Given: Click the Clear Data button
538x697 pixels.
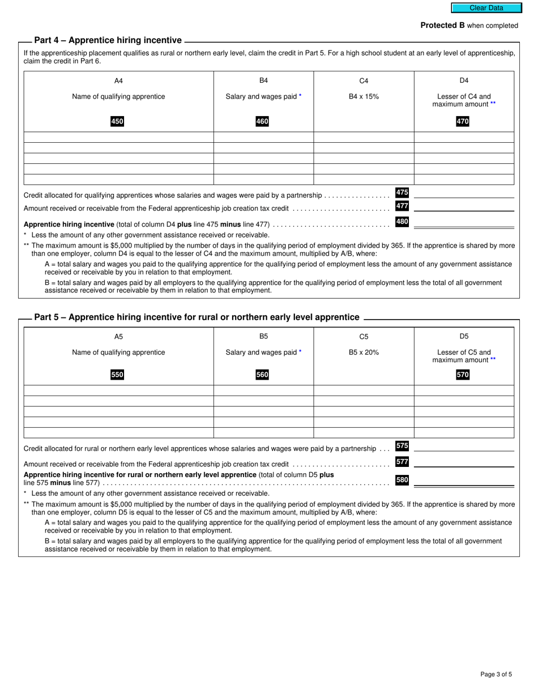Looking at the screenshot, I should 486,8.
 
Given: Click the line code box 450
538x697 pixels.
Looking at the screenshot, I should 117,121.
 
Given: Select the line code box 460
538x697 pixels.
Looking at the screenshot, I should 262,121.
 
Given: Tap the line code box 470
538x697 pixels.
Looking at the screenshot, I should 463,121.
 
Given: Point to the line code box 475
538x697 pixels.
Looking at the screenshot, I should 402,193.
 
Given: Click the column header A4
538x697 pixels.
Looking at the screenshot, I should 118,80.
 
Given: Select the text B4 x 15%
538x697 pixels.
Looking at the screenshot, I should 364,96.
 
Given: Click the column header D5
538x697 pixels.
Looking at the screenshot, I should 464,337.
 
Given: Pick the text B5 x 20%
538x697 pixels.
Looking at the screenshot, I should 364,352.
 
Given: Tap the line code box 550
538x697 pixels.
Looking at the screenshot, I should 117,375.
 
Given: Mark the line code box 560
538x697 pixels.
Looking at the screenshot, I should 262,375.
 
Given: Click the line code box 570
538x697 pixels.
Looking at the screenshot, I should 463,375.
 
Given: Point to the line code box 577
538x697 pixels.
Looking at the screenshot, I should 402,462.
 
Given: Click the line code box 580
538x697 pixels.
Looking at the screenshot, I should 402,480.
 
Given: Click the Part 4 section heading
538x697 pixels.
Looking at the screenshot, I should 108,40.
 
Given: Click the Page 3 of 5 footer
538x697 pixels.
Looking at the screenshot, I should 496,674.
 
